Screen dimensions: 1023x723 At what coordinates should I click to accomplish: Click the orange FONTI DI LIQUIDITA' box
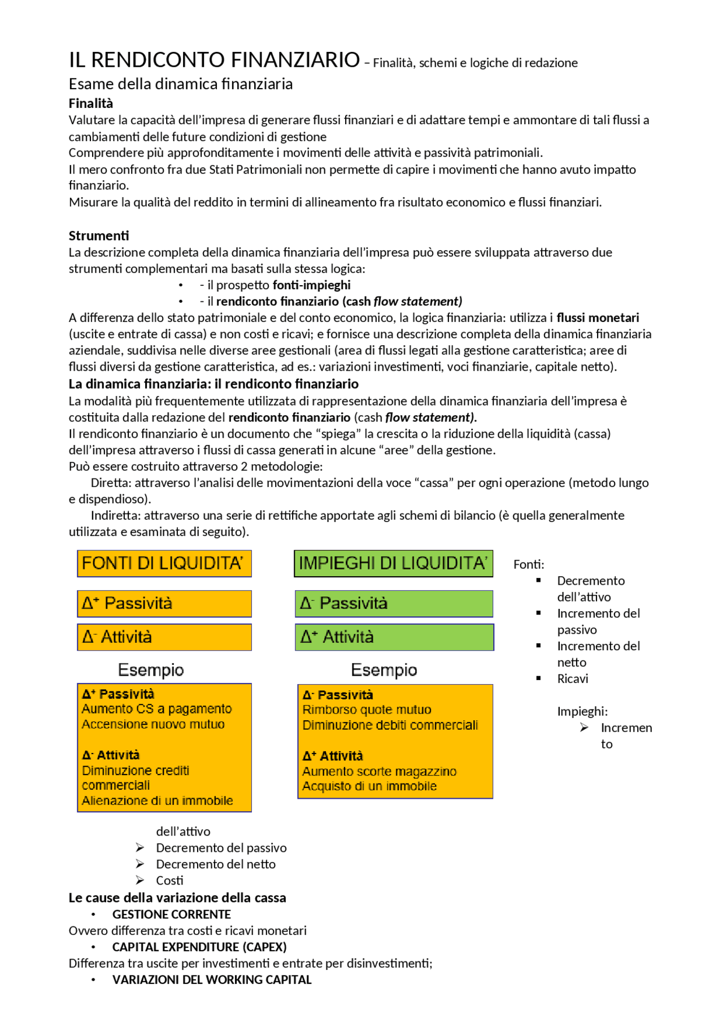coord(164,563)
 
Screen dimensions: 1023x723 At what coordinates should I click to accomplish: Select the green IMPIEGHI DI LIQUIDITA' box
coord(393,563)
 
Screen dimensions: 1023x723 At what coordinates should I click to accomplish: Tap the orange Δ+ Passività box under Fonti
coord(164,603)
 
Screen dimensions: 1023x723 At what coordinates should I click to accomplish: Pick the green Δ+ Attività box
coord(394,637)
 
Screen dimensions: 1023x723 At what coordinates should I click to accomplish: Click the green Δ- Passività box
coord(394,603)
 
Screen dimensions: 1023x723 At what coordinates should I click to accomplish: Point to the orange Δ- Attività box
coord(164,637)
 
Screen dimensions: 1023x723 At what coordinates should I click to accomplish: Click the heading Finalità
coord(91,103)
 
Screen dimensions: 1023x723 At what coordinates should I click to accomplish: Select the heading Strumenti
coord(99,236)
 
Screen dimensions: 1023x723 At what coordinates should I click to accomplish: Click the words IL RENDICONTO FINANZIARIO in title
coord(214,60)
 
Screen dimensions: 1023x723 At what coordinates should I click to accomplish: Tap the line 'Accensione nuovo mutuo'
coord(153,724)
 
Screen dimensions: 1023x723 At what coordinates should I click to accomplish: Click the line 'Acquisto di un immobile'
coord(369,786)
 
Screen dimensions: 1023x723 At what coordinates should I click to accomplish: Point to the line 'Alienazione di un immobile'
coord(157,800)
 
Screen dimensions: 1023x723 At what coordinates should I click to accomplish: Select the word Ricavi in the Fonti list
coord(572,678)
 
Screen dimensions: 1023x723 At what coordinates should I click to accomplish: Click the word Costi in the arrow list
coord(169,880)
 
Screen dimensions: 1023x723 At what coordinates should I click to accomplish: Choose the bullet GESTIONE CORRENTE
coord(171,914)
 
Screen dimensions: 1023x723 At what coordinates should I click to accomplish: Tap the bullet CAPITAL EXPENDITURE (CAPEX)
coord(199,947)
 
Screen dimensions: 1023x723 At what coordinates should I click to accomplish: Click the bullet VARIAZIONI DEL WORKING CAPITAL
coord(212,980)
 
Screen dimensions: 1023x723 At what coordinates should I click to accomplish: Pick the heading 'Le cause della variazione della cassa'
coord(177,898)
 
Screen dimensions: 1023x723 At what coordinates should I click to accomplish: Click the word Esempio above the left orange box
coord(151,670)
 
